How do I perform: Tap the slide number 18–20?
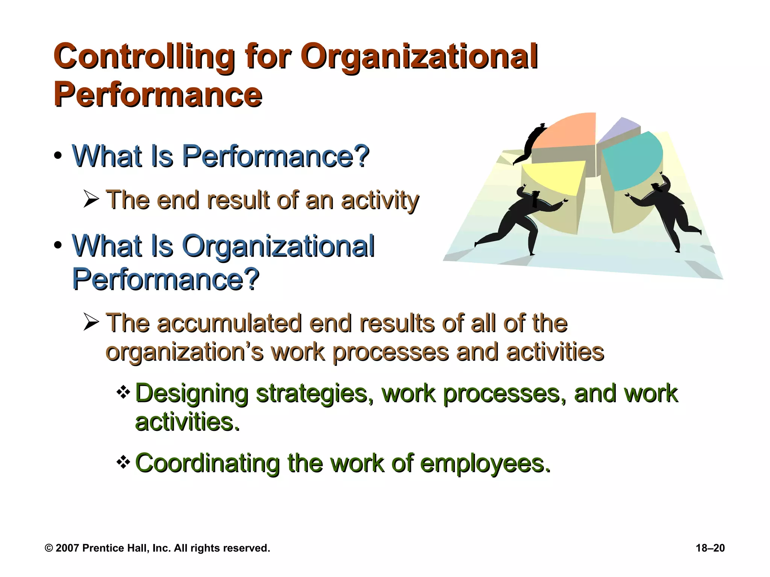point(710,548)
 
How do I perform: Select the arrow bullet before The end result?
point(91,199)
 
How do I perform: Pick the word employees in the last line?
point(485,464)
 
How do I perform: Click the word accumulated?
point(229,323)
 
